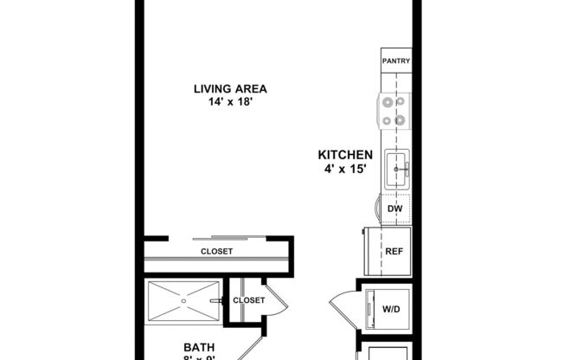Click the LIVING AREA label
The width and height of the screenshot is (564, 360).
point(229,88)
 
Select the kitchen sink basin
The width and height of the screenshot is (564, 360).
point(397,164)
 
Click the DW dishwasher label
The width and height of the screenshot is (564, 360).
point(394,209)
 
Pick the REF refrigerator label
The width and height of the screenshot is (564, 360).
point(394,252)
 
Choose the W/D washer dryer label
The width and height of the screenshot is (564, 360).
point(391,309)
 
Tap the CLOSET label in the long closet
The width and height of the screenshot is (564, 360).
point(216,252)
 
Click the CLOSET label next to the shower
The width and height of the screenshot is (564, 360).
point(249,300)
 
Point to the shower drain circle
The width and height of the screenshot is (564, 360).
point(183,301)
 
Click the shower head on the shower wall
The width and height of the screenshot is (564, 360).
point(223,300)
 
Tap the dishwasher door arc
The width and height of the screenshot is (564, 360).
point(377,209)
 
